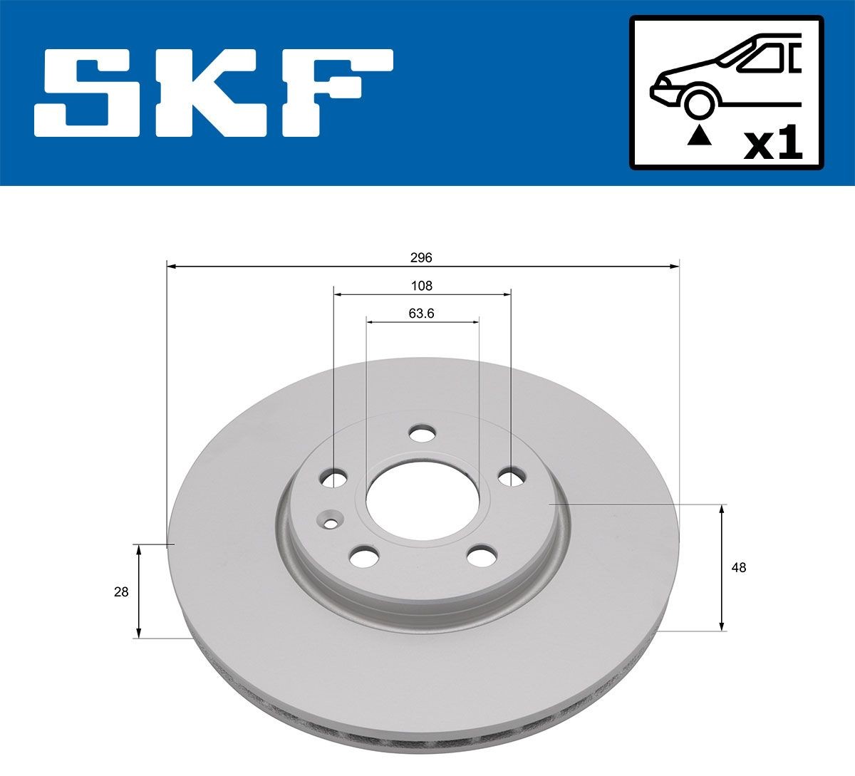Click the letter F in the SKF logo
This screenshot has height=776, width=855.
[335, 93]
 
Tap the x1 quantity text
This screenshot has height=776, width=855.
[772, 145]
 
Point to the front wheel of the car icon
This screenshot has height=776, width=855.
[699, 103]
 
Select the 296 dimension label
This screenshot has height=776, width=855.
[422, 257]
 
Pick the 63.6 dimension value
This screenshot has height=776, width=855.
[422, 314]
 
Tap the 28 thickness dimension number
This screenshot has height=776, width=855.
[121, 591]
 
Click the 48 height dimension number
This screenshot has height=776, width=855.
[739, 568]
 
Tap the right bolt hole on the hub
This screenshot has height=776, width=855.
[511, 477]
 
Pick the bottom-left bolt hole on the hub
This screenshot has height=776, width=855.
[364, 555]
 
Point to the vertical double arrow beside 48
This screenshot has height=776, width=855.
[722, 567]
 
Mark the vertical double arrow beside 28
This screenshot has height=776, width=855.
[139, 591]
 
